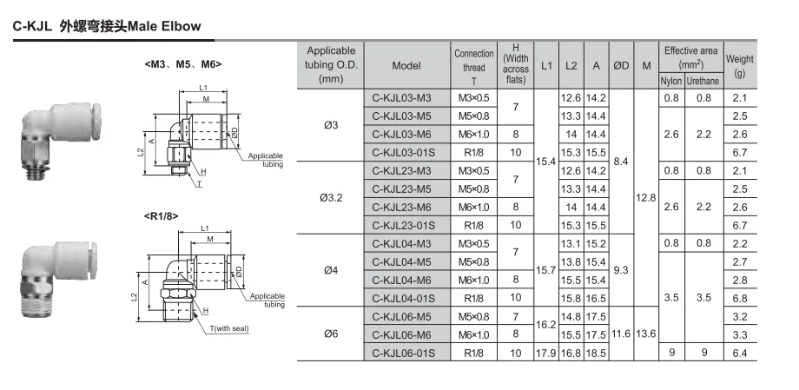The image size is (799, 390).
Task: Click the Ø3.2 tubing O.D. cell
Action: (331, 198)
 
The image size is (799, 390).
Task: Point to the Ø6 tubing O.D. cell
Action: (331, 334)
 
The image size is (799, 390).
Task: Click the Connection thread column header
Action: (474, 65)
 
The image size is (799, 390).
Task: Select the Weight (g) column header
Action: (740, 65)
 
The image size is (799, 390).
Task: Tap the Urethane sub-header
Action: (703, 81)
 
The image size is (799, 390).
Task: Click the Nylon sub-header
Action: (671, 81)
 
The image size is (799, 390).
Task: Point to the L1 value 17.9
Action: (546, 353)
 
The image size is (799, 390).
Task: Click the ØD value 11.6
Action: (621, 334)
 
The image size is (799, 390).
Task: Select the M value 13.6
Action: (646, 334)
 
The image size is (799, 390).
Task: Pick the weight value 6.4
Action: (740, 353)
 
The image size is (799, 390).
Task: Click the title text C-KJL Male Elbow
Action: (107, 26)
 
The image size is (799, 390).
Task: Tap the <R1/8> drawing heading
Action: (162, 216)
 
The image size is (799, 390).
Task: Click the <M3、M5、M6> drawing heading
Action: (183, 64)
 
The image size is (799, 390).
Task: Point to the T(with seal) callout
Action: (229, 329)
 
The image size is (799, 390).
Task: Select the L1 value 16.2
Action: (546, 325)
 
